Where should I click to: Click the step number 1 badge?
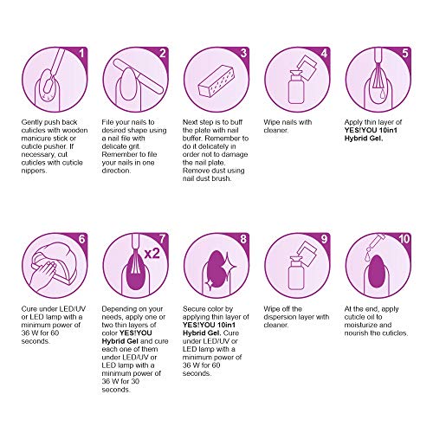(81, 53)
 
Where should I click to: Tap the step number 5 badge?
(405, 53)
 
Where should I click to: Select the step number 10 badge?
(404, 239)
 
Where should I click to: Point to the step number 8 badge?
(243, 239)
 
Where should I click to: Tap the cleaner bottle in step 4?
(296, 87)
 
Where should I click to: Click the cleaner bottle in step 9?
(296, 274)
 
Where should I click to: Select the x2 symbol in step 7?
(152, 254)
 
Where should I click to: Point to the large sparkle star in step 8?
(228, 266)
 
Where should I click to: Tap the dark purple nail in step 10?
(378, 271)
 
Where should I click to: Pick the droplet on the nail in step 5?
(382, 94)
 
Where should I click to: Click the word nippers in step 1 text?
(34, 171)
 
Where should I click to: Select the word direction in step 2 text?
(116, 171)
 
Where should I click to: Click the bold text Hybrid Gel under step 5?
(364, 139)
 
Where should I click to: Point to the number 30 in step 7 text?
(135, 381)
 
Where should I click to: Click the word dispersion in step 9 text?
(282, 317)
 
